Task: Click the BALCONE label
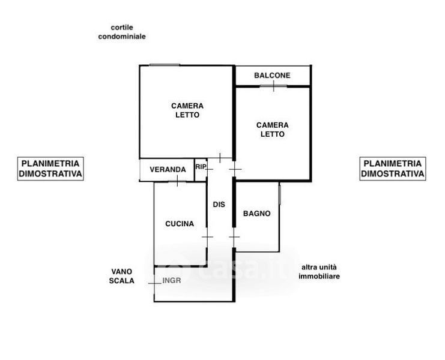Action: (x=272, y=76)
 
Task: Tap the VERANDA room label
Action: (x=168, y=170)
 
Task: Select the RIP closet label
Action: (x=201, y=167)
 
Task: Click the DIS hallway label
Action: (x=219, y=205)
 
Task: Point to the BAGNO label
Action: (x=257, y=214)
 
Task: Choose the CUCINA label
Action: (x=180, y=224)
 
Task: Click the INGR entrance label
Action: (x=172, y=281)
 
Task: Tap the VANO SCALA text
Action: (x=122, y=276)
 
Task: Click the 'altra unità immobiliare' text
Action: (x=319, y=272)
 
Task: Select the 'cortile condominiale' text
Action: (x=122, y=32)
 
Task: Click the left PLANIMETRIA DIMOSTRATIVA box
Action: (x=50, y=169)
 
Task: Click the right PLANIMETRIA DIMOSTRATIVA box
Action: (x=393, y=169)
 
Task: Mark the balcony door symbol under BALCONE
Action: (x=273, y=86)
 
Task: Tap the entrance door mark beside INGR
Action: (x=154, y=283)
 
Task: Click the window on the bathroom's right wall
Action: (x=279, y=194)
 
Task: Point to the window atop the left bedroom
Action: (x=165, y=65)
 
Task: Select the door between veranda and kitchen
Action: (x=177, y=181)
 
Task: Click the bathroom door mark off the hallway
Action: (x=234, y=236)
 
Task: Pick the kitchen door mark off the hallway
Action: (x=207, y=236)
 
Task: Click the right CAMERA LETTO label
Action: (x=273, y=130)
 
